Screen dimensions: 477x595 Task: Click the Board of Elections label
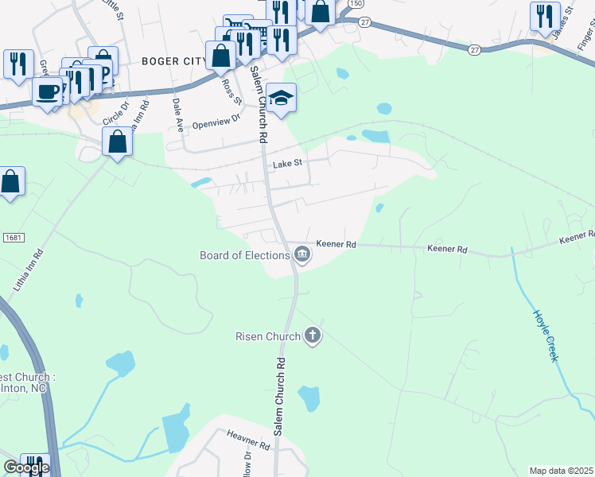pyautogui.click(x=244, y=255)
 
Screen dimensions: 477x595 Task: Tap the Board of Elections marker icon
pyautogui.click(x=302, y=254)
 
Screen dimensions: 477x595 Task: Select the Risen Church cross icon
pyautogui.click(x=313, y=335)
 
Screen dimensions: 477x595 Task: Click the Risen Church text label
pyautogui.click(x=267, y=336)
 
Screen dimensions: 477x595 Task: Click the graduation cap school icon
pyautogui.click(x=281, y=98)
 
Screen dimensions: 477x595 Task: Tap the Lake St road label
pyautogui.click(x=288, y=164)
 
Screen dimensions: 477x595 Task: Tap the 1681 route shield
pyautogui.click(x=13, y=238)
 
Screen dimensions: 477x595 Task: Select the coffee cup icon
pyautogui.click(x=48, y=91)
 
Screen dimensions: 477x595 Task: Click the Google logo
pyautogui.click(x=26, y=468)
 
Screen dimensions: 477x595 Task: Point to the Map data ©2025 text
pyautogui.click(x=562, y=471)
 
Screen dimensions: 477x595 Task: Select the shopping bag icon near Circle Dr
pyautogui.click(x=118, y=142)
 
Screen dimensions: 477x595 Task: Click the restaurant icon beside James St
pyautogui.click(x=545, y=16)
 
